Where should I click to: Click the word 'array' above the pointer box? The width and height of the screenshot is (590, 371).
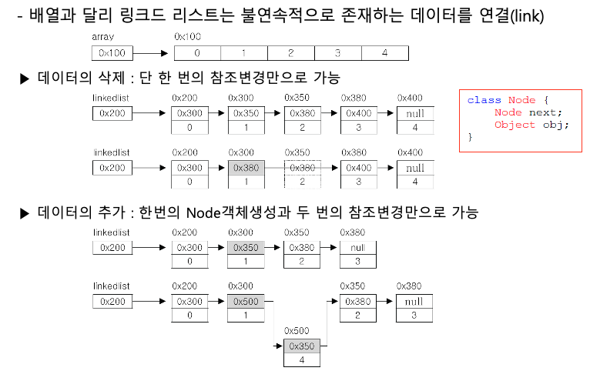102,37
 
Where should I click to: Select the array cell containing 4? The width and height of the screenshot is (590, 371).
384,53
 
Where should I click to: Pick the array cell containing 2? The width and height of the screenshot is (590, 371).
290,53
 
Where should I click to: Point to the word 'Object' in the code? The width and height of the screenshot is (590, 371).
511,125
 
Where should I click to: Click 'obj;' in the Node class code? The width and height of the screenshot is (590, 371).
556,125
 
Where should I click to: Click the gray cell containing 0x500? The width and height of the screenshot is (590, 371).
245,302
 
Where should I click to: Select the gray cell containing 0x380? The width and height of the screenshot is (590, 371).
245,168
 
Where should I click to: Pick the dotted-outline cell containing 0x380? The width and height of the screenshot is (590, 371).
302,168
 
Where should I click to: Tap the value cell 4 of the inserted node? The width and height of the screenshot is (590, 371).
301,359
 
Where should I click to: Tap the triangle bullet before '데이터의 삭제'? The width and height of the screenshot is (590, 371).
24,79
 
